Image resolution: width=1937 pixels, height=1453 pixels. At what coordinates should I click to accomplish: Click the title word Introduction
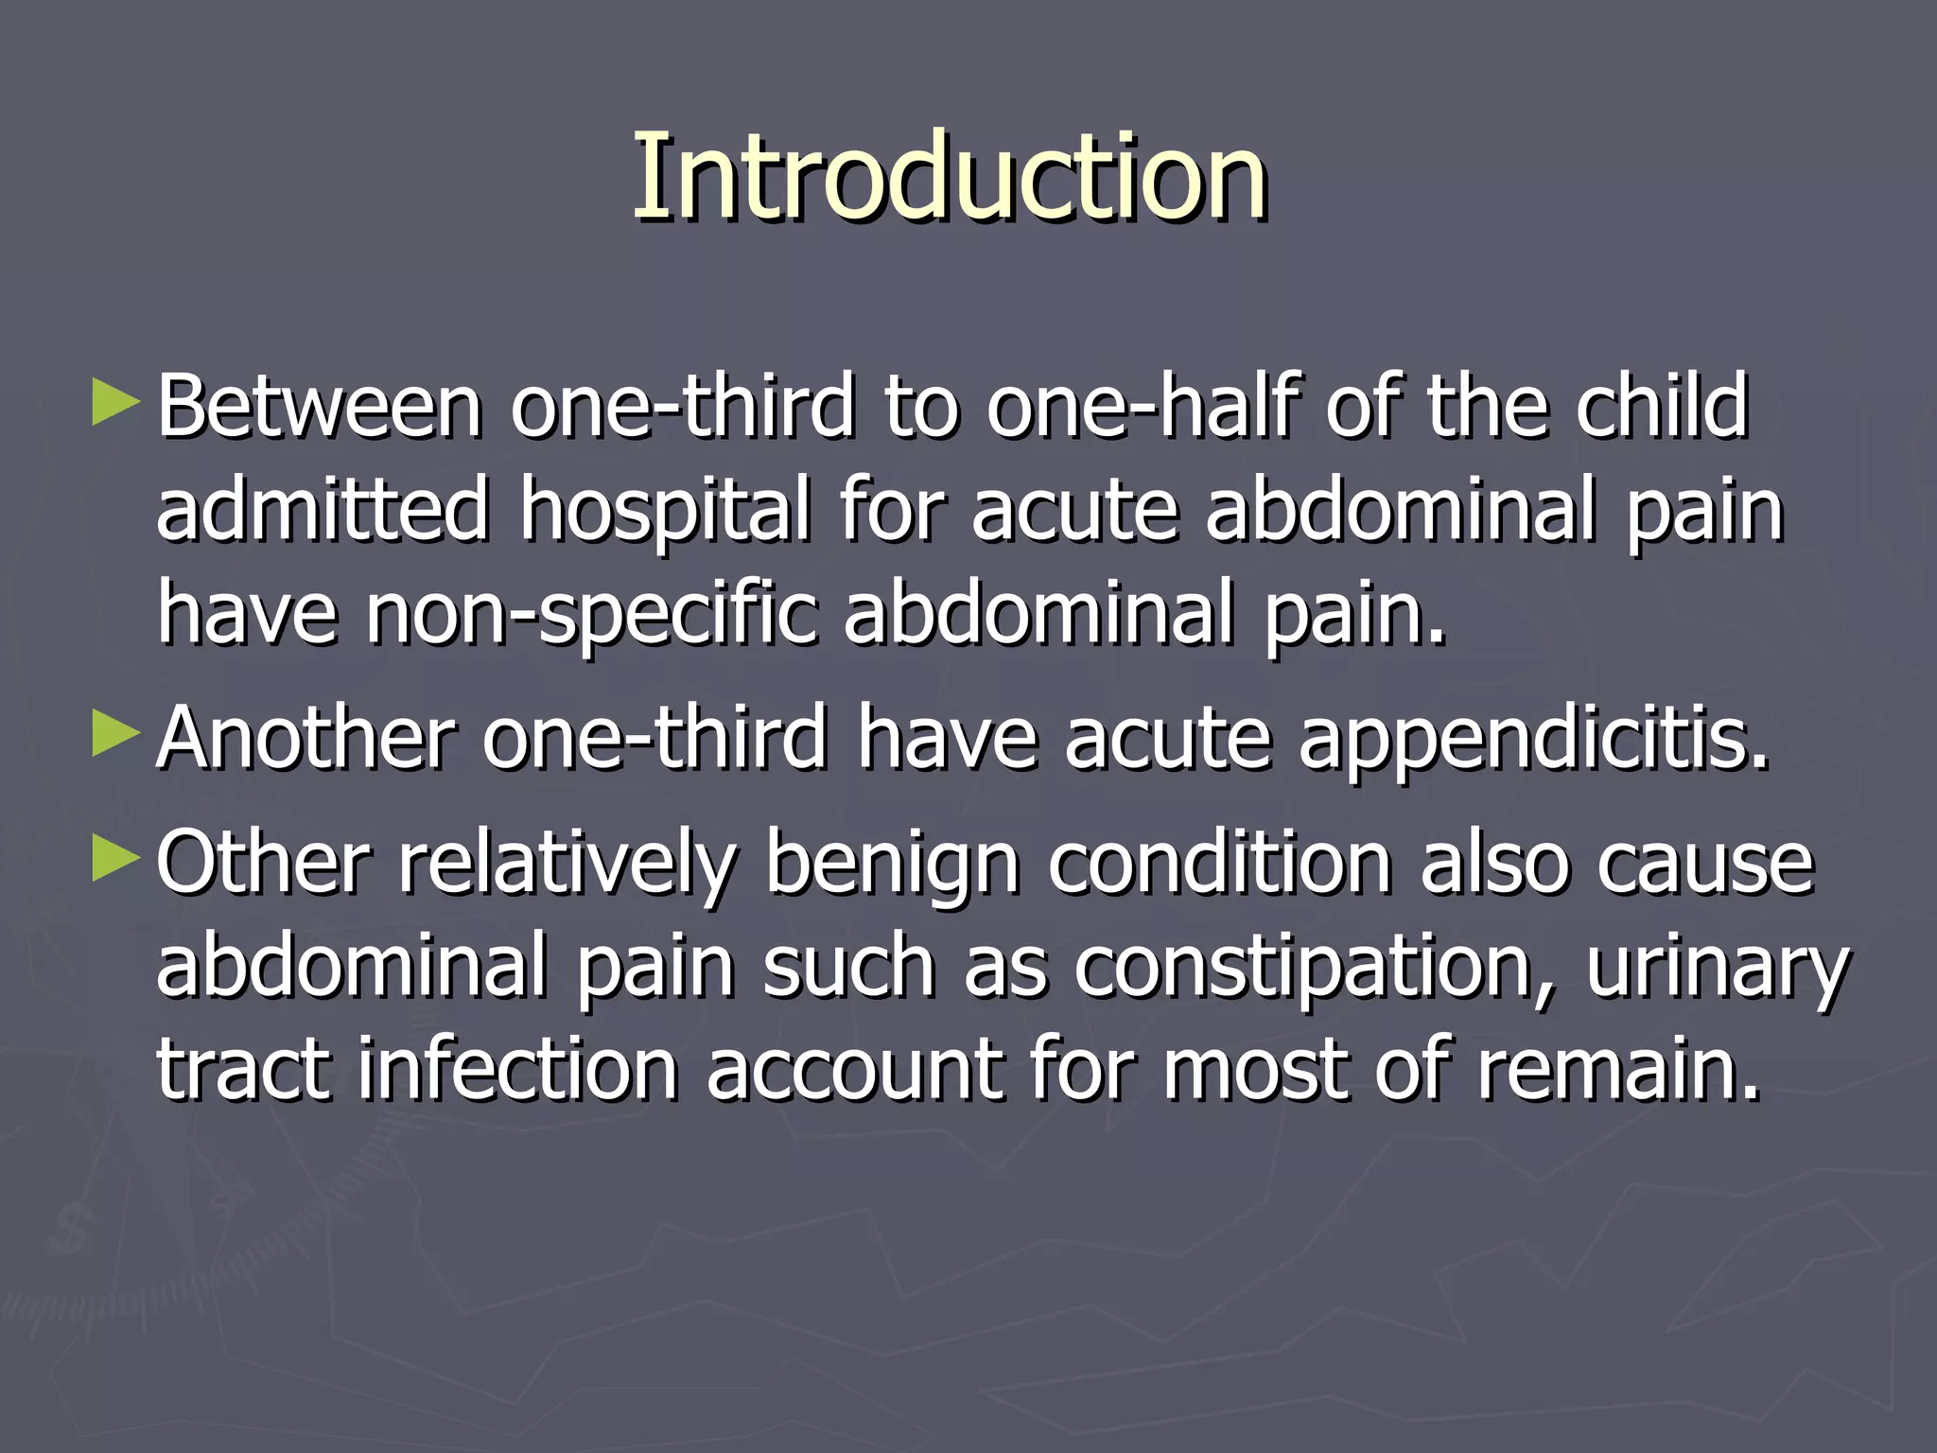(x=950, y=177)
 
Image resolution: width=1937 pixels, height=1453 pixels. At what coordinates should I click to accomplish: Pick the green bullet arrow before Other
(x=116, y=858)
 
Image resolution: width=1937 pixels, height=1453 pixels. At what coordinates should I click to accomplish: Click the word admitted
(x=323, y=511)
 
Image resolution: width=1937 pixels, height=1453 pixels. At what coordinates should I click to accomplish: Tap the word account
(x=855, y=1071)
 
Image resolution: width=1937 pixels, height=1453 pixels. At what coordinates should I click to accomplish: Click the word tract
(x=244, y=1071)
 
